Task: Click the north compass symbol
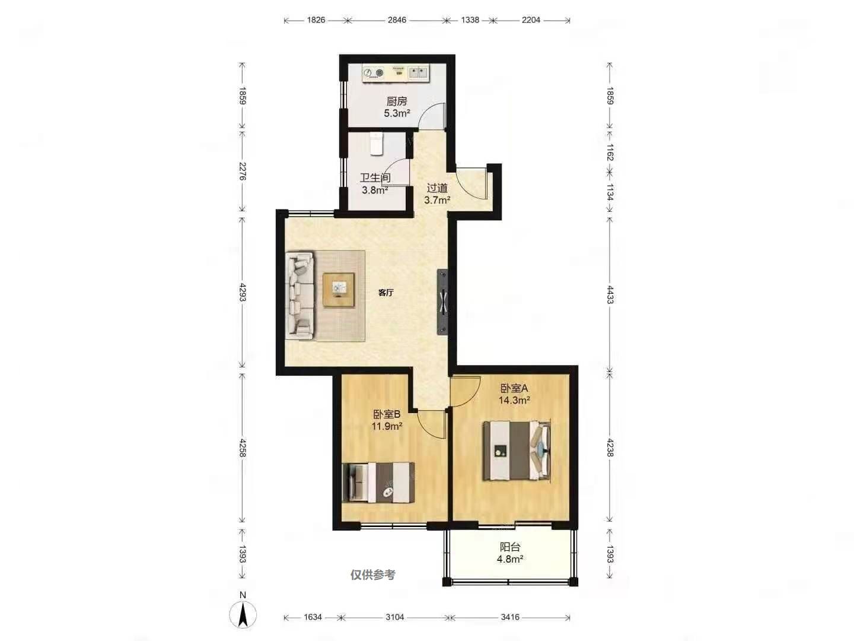click(x=243, y=614)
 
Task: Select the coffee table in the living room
click(x=339, y=290)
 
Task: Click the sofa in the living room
click(x=299, y=296)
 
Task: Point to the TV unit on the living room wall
click(x=442, y=302)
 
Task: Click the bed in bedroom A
click(x=517, y=450)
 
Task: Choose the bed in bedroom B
click(x=378, y=483)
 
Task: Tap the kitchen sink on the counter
click(x=418, y=72)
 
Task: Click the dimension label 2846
click(x=397, y=20)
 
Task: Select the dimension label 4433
click(x=610, y=294)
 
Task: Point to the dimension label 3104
click(x=394, y=617)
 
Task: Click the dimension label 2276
click(x=243, y=172)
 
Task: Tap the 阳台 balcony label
click(x=509, y=547)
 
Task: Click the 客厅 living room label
click(x=385, y=293)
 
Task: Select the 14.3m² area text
click(x=514, y=400)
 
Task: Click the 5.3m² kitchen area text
click(x=397, y=113)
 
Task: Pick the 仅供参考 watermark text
click(x=372, y=575)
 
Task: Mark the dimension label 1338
click(x=470, y=20)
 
